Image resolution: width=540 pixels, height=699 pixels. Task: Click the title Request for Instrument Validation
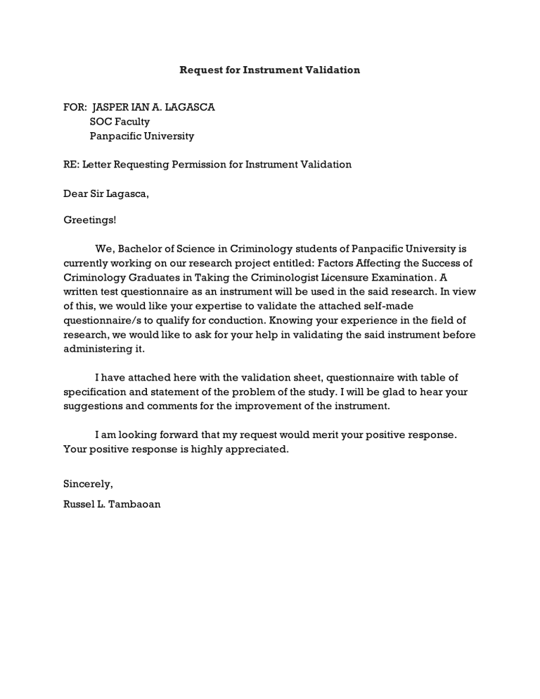(269, 70)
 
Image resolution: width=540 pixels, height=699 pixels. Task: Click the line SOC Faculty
(120, 122)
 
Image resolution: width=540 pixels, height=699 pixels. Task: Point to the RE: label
(71, 165)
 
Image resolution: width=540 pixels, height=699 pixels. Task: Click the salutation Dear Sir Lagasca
(106, 193)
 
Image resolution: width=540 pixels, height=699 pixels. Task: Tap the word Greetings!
(90, 221)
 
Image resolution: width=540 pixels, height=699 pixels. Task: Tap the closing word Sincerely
(88, 485)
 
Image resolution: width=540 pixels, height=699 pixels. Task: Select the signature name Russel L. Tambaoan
(112, 504)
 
